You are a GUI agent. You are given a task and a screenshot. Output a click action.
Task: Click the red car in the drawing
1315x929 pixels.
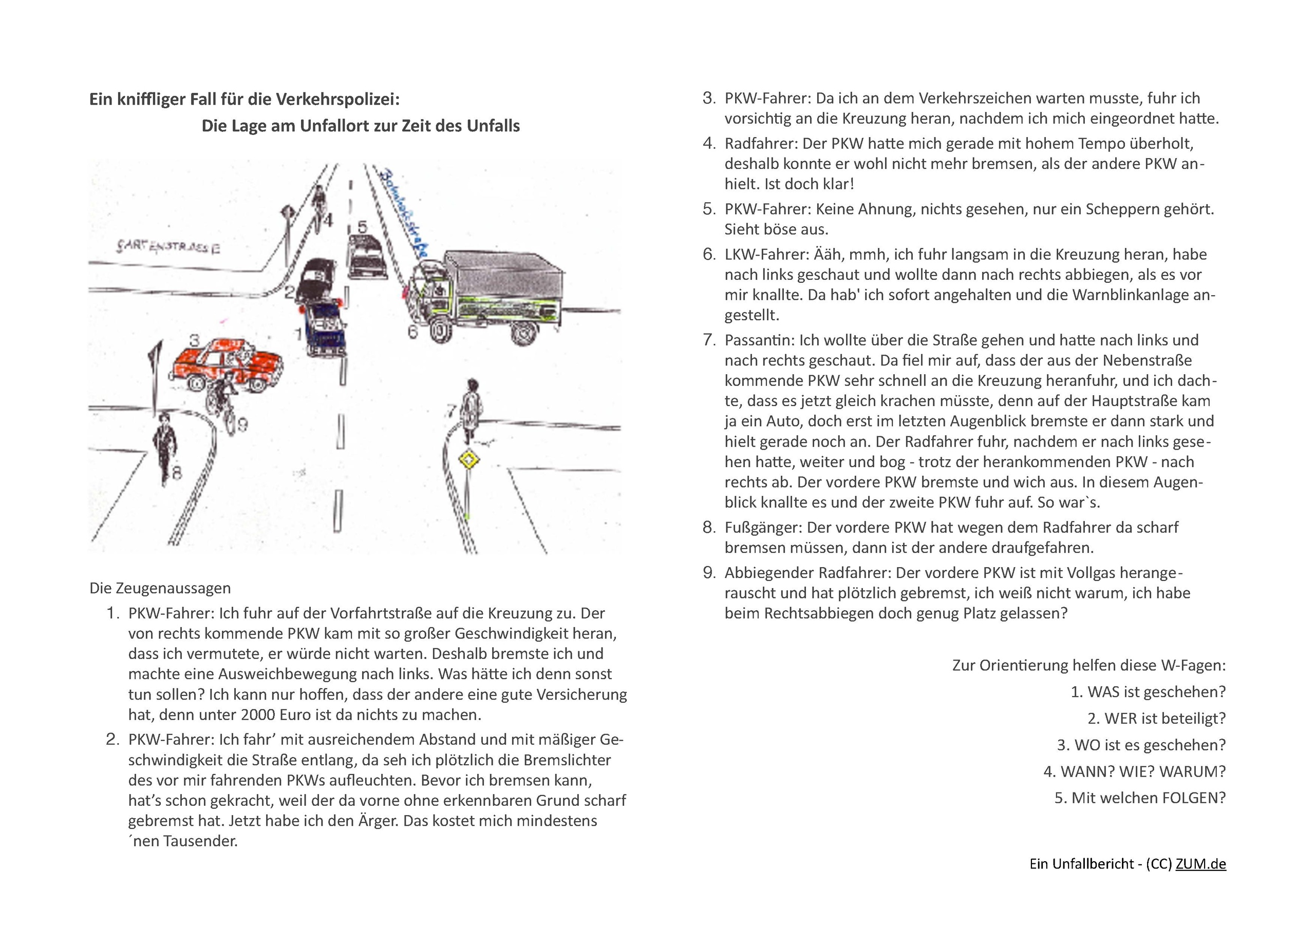(x=226, y=363)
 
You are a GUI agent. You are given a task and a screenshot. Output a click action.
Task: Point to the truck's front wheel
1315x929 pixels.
(x=438, y=331)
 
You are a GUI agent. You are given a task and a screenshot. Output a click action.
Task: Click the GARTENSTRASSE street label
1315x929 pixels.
(x=167, y=247)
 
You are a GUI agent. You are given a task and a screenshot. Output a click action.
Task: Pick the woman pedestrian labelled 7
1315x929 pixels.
(x=472, y=409)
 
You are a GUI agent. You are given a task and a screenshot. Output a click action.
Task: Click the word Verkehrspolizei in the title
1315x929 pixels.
(x=337, y=100)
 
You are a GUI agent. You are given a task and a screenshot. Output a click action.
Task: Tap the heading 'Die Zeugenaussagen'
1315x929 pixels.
(x=160, y=588)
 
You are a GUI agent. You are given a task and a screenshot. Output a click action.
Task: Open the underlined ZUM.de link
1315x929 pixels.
(x=1200, y=864)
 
